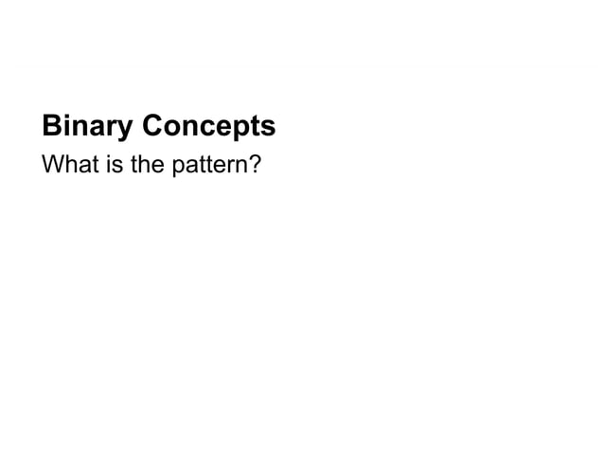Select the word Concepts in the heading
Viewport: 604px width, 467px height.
click(208, 127)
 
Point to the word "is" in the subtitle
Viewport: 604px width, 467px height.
click(103, 167)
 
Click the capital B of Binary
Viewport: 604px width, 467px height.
click(50, 126)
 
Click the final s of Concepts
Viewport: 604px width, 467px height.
click(268, 128)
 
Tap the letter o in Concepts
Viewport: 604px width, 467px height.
click(171, 128)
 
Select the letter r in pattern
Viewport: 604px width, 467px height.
click(228, 168)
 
